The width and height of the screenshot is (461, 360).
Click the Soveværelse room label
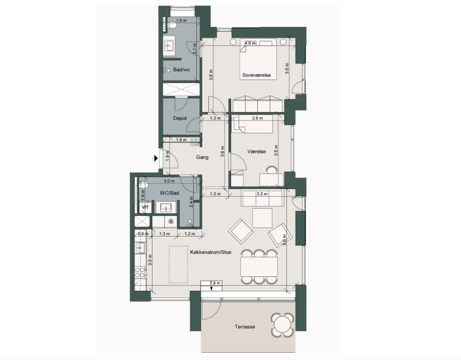point(256,75)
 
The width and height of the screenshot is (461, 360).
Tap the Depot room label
point(180,118)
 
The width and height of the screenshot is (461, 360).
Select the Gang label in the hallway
point(202,157)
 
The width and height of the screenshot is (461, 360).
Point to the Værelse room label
point(256,151)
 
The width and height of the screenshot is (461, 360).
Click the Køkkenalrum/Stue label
point(210,252)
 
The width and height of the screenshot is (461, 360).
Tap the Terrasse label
point(245,326)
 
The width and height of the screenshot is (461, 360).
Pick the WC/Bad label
point(170,193)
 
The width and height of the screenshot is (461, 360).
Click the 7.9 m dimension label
point(215,283)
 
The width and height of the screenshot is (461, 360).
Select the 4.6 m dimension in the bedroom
point(250,43)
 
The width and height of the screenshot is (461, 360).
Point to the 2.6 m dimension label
point(257,118)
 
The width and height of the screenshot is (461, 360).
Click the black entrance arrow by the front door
point(156,159)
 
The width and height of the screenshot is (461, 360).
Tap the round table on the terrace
point(283,325)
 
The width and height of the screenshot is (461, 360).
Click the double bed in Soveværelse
point(258,61)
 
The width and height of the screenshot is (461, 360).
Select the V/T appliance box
point(146,207)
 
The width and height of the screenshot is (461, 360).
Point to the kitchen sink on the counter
point(141,248)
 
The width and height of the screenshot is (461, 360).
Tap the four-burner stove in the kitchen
point(140,272)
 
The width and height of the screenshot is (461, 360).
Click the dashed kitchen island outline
point(178,264)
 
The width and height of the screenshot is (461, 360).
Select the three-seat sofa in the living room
point(262,198)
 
